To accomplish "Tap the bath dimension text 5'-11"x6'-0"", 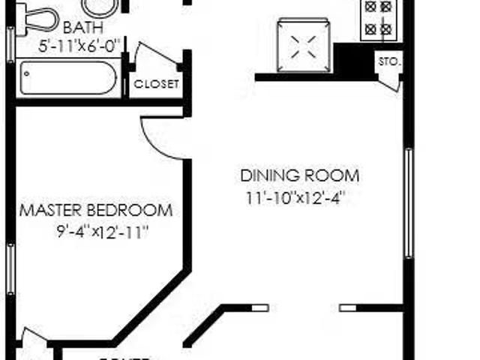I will (x=79, y=45).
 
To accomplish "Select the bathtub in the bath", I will (x=68, y=77).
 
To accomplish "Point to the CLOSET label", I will (x=156, y=84).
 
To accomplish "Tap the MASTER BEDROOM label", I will (x=95, y=210).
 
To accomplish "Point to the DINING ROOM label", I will (x=299, y=176).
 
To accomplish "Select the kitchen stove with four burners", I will (x=377, y=19).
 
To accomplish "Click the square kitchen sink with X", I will (x=304, y=44).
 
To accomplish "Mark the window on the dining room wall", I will (x=409, y=202).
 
